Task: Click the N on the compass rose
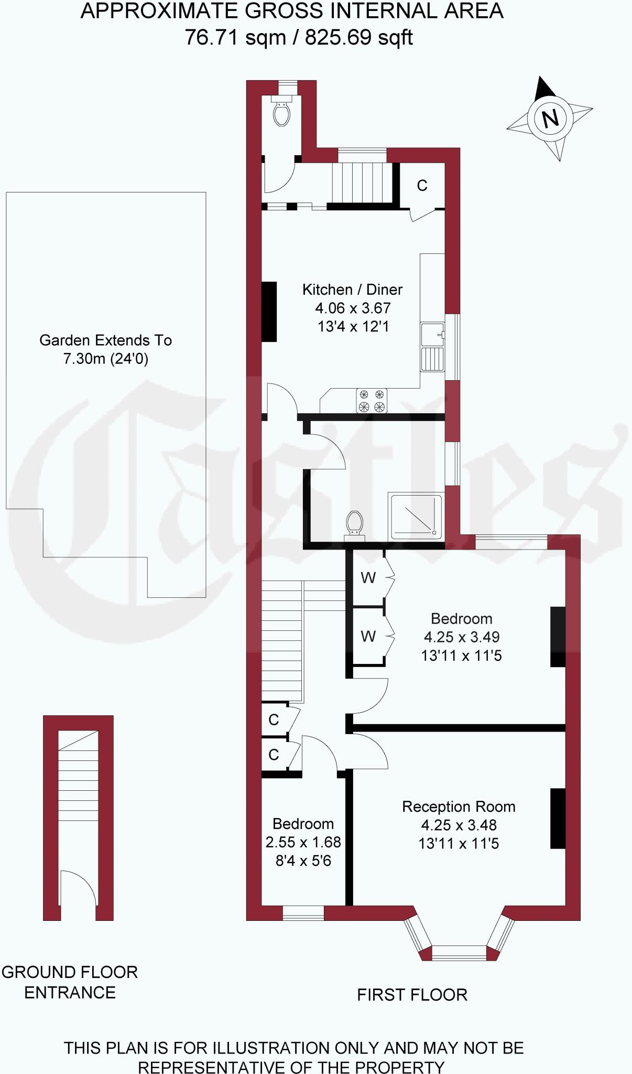click(550, 119)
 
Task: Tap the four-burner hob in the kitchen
click(372, 401)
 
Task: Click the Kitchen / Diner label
click(352, 289)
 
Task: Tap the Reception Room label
click(459, 807)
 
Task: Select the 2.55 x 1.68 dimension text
click(303, 842)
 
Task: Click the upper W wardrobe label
click(368, 578)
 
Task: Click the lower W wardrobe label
click(368, 636)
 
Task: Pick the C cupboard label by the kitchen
click(422, 185)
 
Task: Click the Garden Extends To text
click(105, 340)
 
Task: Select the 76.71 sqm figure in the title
click(235, 38)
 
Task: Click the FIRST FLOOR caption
click(412, 995)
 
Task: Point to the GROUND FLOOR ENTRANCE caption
click(69, 982)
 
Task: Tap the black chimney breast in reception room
click(558, 818)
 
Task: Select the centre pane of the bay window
click(459, 952)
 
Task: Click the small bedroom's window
click(303, 913)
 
